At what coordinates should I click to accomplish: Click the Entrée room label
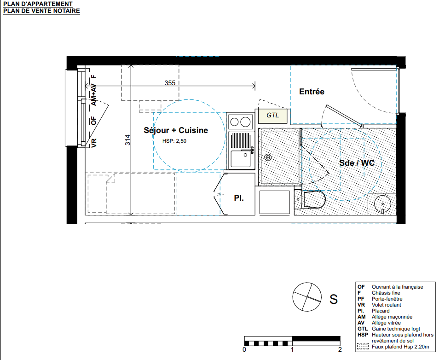coord(312,92)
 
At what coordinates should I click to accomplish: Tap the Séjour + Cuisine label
coord(176,130)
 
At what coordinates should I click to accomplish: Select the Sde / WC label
coord(357,163)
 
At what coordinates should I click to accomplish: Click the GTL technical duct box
coord(272,116)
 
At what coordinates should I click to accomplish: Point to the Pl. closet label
coord(239,198)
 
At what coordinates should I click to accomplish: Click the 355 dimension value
coord(170,83)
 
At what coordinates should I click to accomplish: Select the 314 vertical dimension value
coord(128,140)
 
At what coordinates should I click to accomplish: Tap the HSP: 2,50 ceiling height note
coord(174,141)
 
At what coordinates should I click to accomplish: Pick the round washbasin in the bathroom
coord(382,204)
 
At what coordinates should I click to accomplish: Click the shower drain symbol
coord(268,157)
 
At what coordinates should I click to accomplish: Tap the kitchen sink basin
coord(241,159)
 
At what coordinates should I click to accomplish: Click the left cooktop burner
coord(234,122)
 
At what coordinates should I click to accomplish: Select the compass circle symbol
coord(307,297)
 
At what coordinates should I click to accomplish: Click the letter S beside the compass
coord(334,299)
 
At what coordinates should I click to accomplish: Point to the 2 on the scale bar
coord(340,349)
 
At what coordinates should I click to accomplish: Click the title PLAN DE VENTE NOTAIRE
coord(41,11)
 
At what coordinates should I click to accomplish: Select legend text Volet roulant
coord(386,305)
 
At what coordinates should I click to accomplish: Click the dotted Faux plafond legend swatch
coord(363,347)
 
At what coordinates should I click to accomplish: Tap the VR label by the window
coord(94,143)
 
